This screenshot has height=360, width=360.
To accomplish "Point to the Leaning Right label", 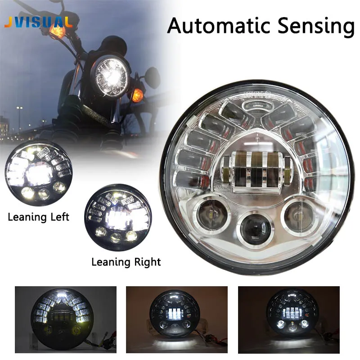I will [126, 261].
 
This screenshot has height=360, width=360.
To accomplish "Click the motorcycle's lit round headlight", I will [111, 77].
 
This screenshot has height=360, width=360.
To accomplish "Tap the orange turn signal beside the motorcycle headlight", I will [137, 95].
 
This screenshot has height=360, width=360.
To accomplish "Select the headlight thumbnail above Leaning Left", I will [38, 173].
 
